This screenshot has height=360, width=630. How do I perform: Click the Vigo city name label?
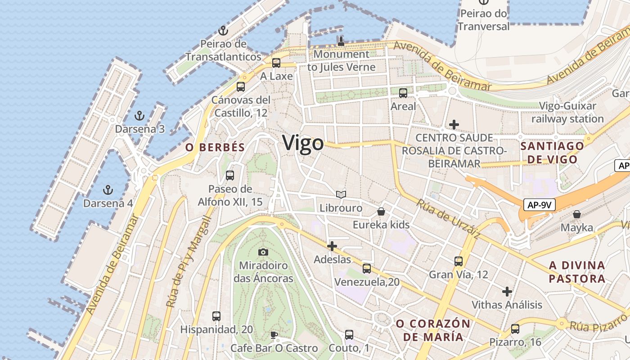(x=303, y=143)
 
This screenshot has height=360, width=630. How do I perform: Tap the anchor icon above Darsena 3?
(x=139, y=116)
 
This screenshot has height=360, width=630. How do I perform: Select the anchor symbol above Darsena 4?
(x=108, y=189)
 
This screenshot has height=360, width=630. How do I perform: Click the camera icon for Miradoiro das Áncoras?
(x=263, y=252)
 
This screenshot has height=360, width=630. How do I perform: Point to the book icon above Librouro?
(x=341, y=194)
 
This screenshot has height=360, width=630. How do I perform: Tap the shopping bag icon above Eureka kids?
(x=381, y=211)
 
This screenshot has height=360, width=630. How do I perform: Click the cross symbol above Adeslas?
(x=332, y=246)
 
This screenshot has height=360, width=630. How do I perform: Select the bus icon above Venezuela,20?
(x=367, y=269)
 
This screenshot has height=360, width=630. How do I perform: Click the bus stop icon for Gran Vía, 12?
(x=459, y=261)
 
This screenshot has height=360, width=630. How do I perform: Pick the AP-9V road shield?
(x=540, y=205)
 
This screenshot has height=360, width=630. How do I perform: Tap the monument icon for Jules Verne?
(x=341, y=42)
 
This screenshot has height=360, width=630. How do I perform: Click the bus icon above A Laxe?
(x=276, y=63)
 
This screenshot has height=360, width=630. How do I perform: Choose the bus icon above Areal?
(x=403, y=93)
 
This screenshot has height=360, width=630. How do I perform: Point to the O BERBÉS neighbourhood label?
(x=215, y=147)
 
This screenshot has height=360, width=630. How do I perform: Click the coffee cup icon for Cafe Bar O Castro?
(x=274, y=335)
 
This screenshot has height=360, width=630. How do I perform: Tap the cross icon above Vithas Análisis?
(x=507, y=292)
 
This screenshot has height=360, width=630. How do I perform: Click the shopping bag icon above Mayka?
(x=576, y=214)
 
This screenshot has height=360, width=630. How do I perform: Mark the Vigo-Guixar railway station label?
(x=567, y=112)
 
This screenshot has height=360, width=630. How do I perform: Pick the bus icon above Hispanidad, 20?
(x=216, y=316)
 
